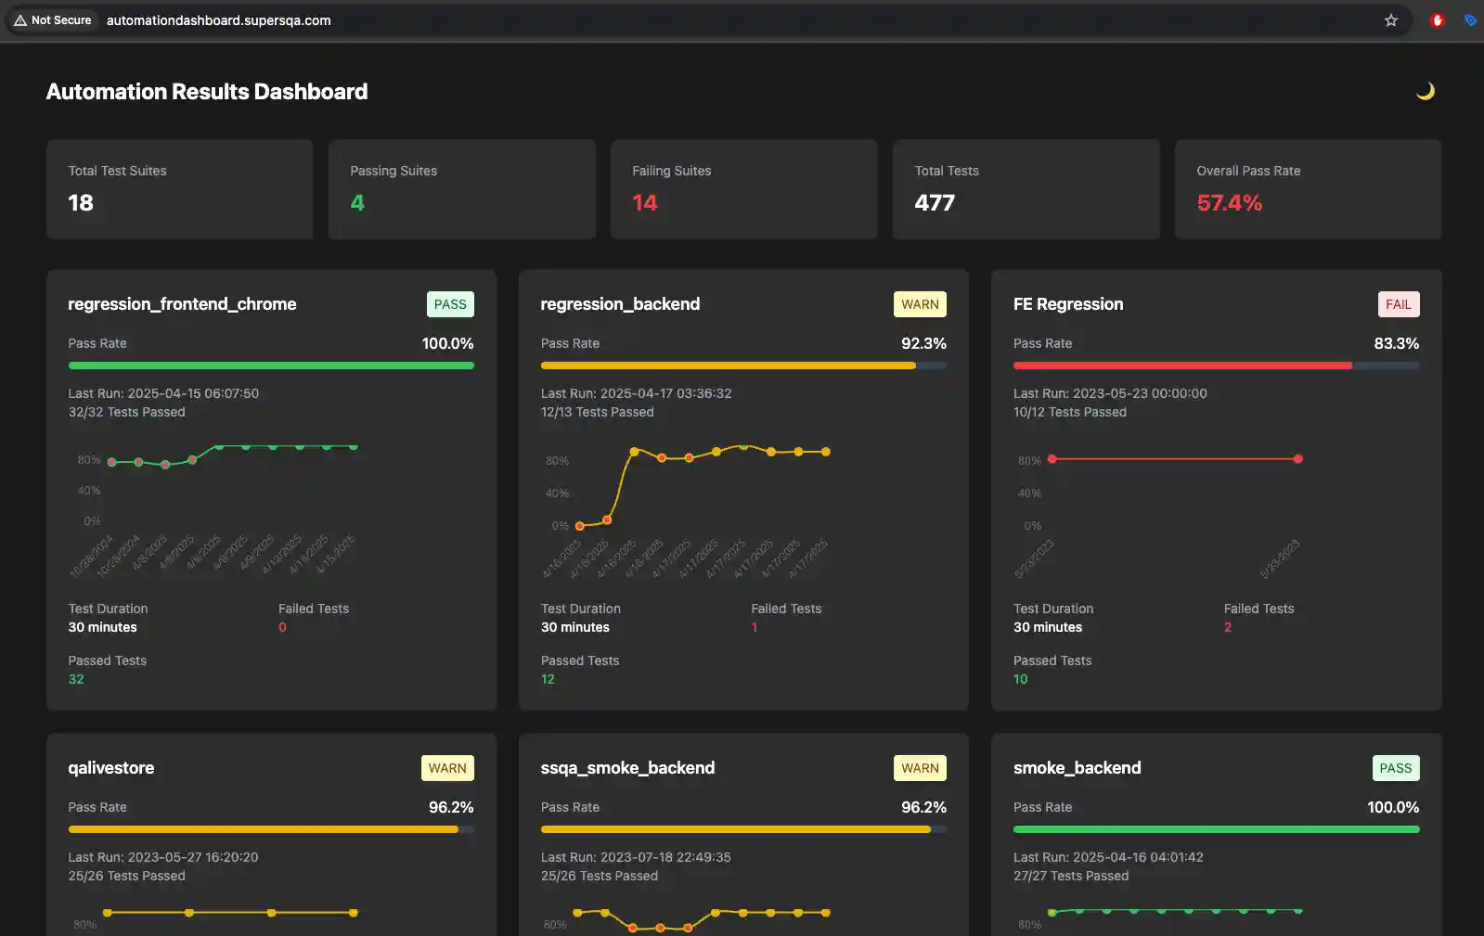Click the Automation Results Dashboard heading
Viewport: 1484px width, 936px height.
207,92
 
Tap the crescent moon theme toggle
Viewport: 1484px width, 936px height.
1426,91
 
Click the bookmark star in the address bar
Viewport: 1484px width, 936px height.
1390,20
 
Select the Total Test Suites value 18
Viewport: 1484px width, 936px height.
81,203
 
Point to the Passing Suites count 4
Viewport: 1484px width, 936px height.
357,203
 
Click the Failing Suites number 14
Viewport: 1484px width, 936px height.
644,203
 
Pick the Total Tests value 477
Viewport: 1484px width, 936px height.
934,203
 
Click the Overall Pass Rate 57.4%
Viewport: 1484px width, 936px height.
1229,203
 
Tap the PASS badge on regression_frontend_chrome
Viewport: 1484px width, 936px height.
450,304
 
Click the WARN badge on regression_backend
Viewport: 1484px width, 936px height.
920,304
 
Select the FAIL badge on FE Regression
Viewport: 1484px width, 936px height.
1398,304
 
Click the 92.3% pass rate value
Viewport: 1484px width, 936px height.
923,343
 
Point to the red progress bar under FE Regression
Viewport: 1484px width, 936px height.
1182,365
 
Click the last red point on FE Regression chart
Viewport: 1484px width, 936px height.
1297,459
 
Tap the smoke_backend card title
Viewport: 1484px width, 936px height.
1077,768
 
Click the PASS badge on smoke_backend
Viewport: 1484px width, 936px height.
1395,768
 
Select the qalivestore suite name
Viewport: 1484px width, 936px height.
111,768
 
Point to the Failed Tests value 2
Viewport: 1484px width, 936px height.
1227,628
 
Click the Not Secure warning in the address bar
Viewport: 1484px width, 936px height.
53,20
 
